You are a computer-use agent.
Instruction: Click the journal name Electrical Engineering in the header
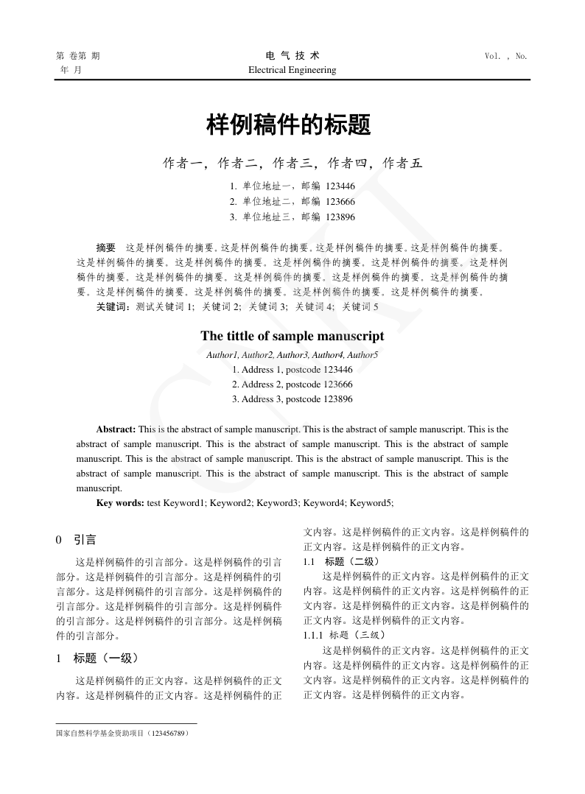click(x=292, y=70)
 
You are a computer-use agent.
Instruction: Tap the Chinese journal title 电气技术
click(x=292, y=56)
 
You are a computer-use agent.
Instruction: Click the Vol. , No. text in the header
click(x=506, y=56)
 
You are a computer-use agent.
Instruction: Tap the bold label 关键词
click(x=113, y=306)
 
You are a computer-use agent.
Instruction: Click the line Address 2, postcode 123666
click(x=292, y=384)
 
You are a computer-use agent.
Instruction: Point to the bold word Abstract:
click(x=116, y=429)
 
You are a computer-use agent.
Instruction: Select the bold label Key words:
click(x=121, y=503)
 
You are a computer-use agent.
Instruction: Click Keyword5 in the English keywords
click(x=371, y=503)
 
